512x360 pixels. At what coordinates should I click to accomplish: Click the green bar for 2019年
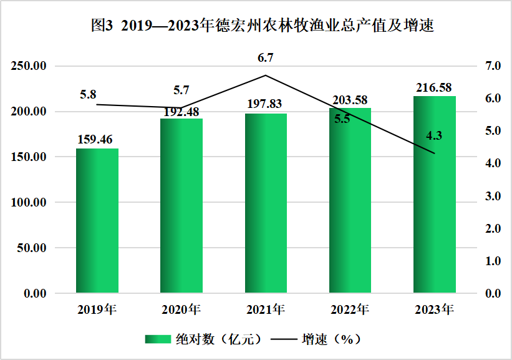point(97,220)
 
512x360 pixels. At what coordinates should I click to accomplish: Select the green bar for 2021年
point(266,203)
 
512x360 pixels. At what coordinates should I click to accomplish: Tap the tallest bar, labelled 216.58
point(434,195)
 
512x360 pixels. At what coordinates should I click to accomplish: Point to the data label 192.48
point(181,112)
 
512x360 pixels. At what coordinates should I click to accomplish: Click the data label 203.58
point(350,100)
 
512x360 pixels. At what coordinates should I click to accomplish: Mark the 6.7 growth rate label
point(266,58)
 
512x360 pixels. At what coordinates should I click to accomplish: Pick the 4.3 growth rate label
point(434,135)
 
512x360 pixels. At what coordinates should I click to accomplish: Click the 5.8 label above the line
point(88,94)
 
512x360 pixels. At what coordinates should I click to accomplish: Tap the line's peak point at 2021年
point(266,75)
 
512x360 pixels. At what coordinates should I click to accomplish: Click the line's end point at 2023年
point(435,153)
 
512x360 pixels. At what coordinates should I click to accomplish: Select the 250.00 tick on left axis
point(29,66)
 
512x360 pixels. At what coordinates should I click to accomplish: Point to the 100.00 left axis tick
point(29,202)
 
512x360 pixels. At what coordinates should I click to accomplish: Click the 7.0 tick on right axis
point(493,66)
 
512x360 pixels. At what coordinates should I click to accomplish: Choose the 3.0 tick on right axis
point(493,196)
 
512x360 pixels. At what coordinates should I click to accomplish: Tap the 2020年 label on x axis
point(181,309)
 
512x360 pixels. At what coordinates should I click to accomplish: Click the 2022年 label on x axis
point(350,309)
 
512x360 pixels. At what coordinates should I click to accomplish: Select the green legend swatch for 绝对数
point(158,339)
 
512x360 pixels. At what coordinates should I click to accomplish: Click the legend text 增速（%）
point(331,339)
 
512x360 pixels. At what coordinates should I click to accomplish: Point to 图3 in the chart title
point(102,25)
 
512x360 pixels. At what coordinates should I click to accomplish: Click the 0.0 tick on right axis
point(493,293)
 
